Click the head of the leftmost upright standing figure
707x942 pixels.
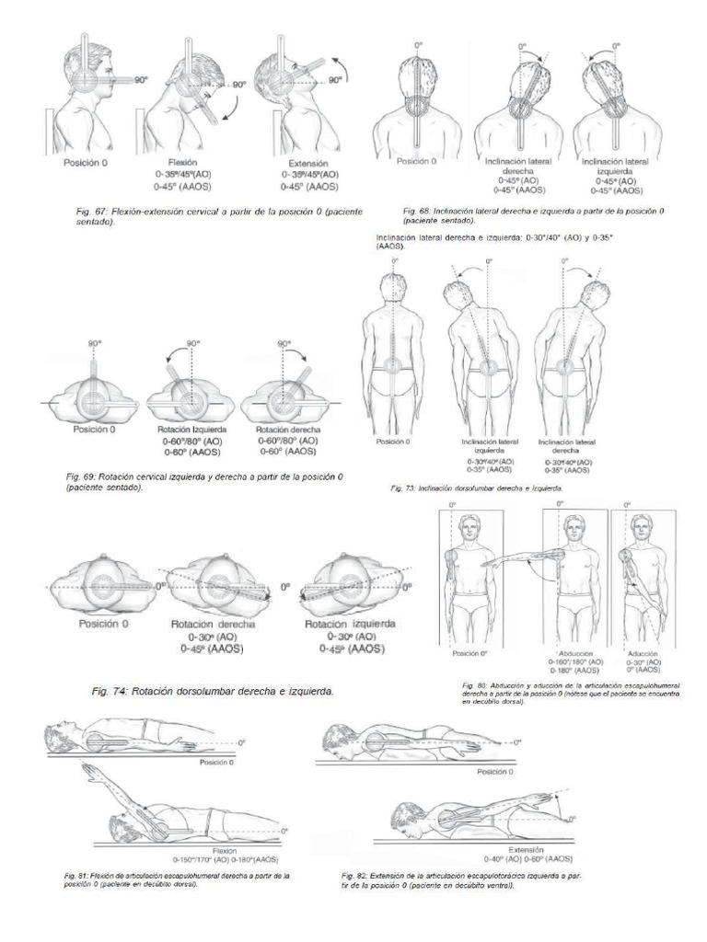(393, 286)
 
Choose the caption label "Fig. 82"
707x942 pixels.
(355, 874)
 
